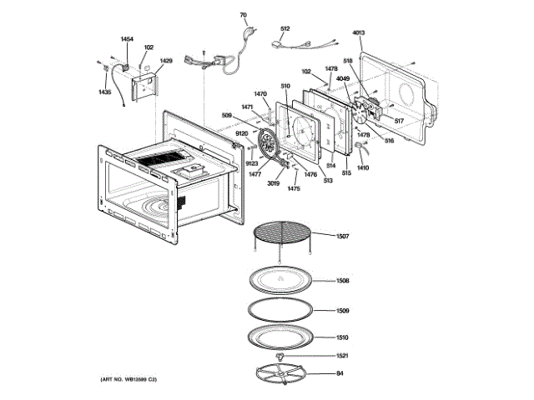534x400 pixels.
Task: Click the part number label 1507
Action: point(342,237)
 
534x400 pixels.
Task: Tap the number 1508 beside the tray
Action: point(342,281)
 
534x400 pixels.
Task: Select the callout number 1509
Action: point(342,311)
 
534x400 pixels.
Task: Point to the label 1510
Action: point(342,337)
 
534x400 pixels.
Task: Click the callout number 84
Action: point(340,372)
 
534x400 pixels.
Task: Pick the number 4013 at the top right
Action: point(359,33)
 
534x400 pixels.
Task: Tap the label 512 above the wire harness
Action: point(285,29)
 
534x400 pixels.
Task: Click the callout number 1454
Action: point(127,39)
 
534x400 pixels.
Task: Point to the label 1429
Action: point(166,61)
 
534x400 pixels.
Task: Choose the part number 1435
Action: point(105,92)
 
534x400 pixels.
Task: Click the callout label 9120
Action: point(241,133)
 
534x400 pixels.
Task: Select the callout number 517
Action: point(399,122)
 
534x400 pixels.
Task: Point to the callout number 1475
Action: point(294,189)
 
